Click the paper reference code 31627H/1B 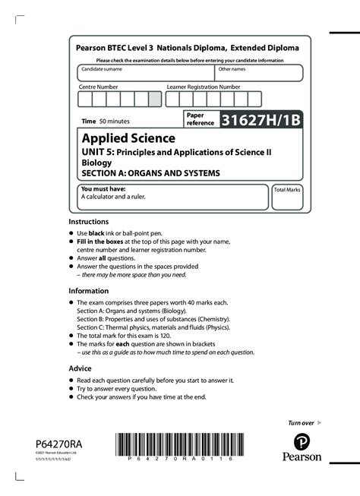(260, 119)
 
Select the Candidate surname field (145, 74)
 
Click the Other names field (258, 74)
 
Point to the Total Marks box (287, 197)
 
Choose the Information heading (88, 291)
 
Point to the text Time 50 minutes (106, 122)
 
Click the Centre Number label (99, 87)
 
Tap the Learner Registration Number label (203, 87)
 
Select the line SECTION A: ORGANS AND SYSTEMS (150, 173)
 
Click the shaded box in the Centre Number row (154, 100)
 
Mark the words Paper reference (201, 118)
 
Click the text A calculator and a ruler (113, 197)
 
